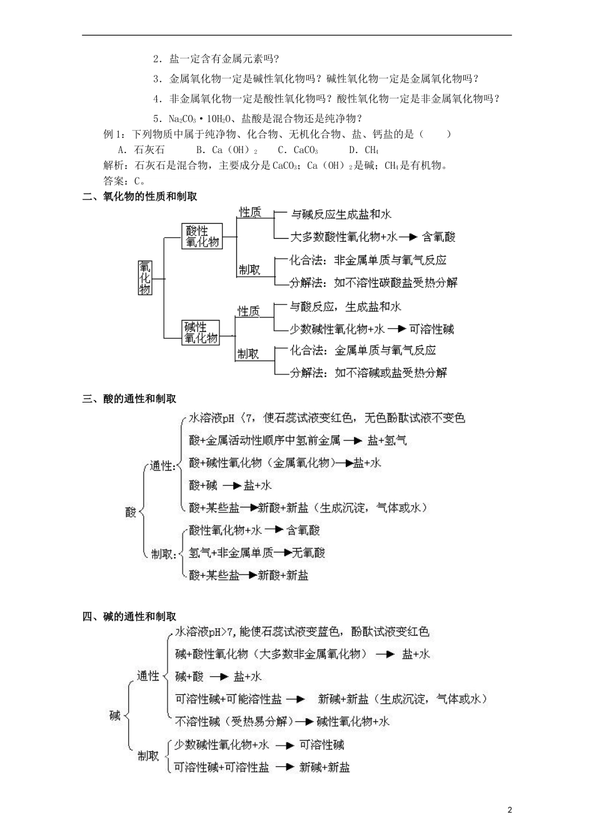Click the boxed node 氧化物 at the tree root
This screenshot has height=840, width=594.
pyautogui.click(x=145, y=277)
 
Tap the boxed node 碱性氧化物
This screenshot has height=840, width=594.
pyautogui.click(x=201, y=332)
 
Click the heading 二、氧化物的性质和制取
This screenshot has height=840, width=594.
pyautogui.click(x=140, y=196)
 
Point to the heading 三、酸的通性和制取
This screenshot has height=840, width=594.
pyautogui.click(x=129, y=399)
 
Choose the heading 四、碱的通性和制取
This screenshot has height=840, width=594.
pyautogui.click(x=129, y=617)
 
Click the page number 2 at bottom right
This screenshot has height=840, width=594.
pyautogui.click(x=510, y=810)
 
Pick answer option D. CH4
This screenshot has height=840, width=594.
pyautogui.click(x=363, y=150)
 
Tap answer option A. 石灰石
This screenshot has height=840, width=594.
pyautogui.click(x=141, y=150)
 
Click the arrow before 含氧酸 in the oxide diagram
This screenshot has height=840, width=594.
pyautogui.click(x=408, y=237)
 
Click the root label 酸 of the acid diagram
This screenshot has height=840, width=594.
pyautogui.click(x=131, y=512)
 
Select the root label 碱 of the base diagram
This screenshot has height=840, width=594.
pyautogui.click(x=115, y=716)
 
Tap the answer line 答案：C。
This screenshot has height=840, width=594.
pyautogui.click(x=123, y=181)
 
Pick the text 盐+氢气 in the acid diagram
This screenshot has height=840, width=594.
pyautogui.click(x=387, y=441)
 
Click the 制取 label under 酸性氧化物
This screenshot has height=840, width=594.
pyautogui.click(x=249, y=270)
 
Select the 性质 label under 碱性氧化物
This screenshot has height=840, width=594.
pyautogui.click(x=248, y=311)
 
